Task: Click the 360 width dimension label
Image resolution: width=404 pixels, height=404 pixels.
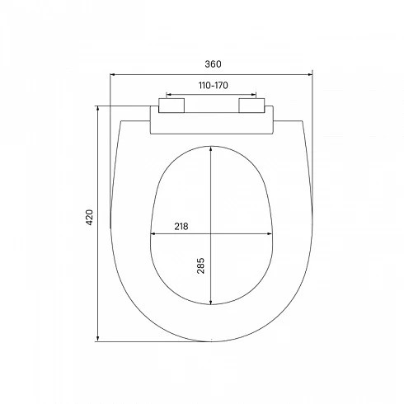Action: point(213,64)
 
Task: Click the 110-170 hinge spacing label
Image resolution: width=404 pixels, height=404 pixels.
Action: point(214,86)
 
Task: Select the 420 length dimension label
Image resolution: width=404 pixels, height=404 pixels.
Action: point(90,218)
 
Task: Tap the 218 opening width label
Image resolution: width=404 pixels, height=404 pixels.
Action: point(181,227)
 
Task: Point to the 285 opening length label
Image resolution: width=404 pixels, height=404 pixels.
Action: point(201,265)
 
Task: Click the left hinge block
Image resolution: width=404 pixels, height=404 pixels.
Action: point(171,106)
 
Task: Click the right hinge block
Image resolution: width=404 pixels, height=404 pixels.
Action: point(251,106)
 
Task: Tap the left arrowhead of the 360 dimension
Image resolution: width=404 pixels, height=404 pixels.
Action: point(112,74)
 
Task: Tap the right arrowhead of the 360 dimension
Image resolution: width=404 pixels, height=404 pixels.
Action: point(310,74)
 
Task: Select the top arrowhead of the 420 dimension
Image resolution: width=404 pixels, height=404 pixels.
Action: point(97,108)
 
